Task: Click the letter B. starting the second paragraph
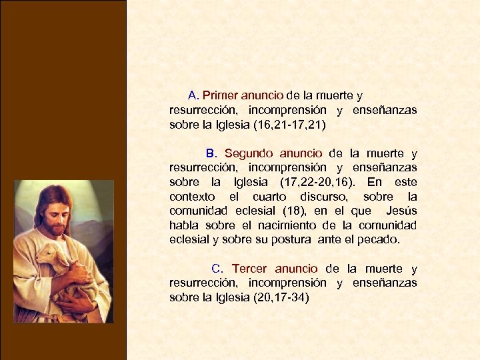[211, 154]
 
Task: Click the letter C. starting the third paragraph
[217, 269]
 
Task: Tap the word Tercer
[249, 269]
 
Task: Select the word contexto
[192, 197]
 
